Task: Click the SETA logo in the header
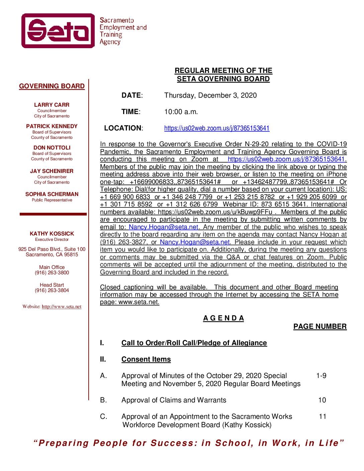point(58,31)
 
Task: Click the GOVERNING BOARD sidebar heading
point(52,86)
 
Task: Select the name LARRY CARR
point(52,105)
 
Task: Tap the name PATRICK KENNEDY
point(52,126)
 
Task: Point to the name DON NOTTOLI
point(52,148)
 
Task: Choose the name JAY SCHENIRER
point(52,171)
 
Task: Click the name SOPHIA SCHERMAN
point(52,194)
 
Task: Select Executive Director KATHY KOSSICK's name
point(52,234)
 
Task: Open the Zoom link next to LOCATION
point(217,128)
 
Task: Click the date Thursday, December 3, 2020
point(210,96)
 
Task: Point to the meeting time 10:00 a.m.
point(181,112)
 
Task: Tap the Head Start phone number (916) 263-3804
point(52,291)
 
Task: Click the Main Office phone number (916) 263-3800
point(52,273)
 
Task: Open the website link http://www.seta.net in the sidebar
point(61,307)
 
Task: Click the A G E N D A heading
point(223,318)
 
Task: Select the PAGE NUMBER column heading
point(320,327)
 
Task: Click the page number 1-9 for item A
point(321,376)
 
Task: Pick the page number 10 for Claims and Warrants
point(322,400)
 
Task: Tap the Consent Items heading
point(146,360)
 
